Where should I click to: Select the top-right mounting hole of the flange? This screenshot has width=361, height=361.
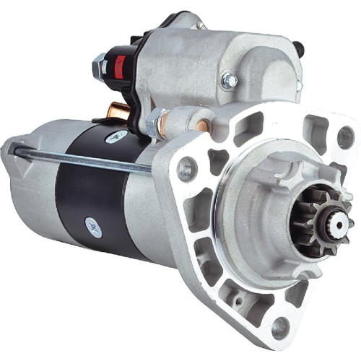(346, 136)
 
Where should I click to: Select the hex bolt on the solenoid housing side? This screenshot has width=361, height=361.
(230, 79)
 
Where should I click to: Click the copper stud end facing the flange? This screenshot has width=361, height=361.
(204, 125)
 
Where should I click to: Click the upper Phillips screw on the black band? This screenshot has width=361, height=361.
(114, 137)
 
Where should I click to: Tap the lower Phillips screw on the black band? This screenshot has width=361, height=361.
(95, 227)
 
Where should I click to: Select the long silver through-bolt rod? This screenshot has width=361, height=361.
(79, 159)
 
